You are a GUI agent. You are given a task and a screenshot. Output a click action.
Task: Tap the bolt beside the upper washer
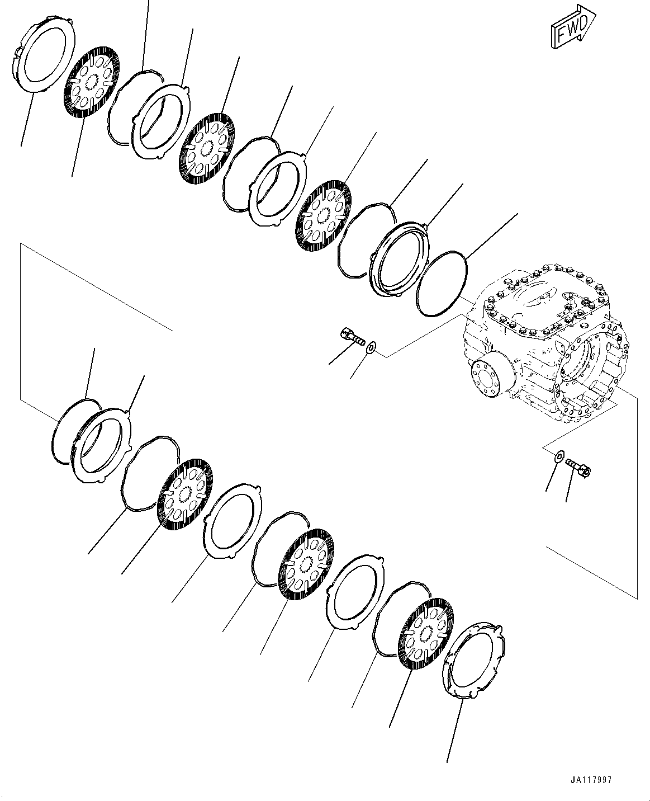[x=353, y=338]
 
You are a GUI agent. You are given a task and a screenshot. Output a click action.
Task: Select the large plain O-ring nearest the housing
[x=442, y=282]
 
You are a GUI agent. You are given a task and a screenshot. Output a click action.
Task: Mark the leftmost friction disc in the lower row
[x=185, y=492]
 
